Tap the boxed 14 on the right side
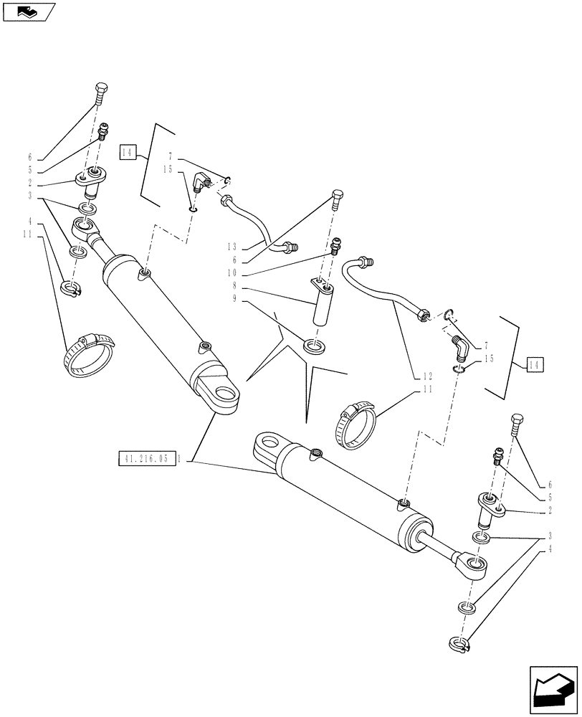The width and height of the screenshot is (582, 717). (535, 365)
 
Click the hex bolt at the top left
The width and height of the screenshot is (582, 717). (100, 93)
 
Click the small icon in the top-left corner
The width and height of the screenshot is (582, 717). (28, 11)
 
